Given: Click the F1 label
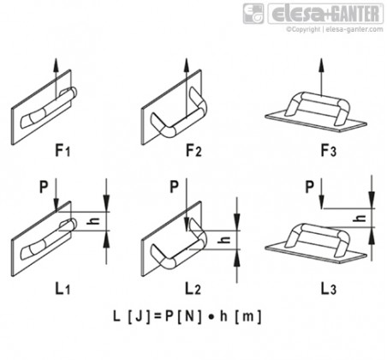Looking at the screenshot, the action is tap(63, 150).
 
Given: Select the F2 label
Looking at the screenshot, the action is tap(193, 150).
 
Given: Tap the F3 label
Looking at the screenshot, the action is tap(329, 150).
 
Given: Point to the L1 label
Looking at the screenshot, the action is tap(63, 288).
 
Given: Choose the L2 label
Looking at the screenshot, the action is tap(193, 288).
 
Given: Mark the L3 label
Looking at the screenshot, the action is tap(329, 288).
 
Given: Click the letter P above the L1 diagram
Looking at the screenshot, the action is tap(44, 187).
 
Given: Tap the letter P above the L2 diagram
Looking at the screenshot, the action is tap(174, 187).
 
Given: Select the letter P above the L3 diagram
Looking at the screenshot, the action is tap(309, 187).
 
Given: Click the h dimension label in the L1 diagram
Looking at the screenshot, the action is tap(93, 221).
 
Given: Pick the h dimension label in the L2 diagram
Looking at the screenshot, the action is tap(224, 239).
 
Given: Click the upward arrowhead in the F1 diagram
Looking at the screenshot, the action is tap(56, 64).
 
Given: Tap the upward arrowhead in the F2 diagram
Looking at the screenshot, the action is tap(187, 64).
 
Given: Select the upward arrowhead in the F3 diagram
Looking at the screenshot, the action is tap(322, 64).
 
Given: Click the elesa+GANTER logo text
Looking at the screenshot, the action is tap(325, 14).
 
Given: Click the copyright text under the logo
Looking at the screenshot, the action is tap(335, 29).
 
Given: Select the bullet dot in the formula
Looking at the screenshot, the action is tap(211, 317).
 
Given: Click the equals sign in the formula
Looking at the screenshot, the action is tap(158, 316).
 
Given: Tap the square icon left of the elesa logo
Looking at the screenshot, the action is tap(253, 14).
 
